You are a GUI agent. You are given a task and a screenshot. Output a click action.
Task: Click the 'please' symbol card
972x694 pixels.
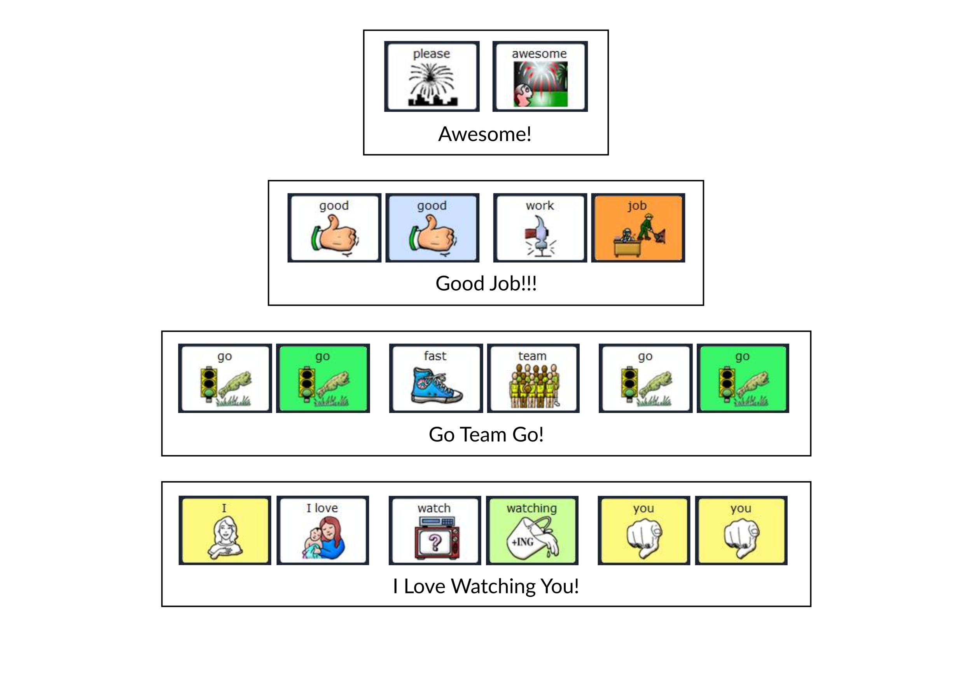[x=432, y=77]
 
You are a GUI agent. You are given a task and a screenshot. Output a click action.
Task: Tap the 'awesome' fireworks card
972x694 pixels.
[x=540, y=77]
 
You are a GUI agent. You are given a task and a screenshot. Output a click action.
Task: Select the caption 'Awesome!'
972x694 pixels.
[x=485, y=134]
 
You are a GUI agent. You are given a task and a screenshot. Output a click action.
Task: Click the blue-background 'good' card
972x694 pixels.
[x=432, y=228]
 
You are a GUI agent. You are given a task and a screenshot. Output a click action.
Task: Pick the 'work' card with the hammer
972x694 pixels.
[x=540, y=228]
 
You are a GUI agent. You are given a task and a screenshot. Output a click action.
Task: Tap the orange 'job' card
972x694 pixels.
[x=638, y=228]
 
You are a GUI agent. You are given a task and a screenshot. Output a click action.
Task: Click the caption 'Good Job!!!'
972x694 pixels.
[x=486, y=283]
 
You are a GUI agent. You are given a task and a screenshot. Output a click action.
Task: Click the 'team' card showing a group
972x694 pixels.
[x=533, y=378]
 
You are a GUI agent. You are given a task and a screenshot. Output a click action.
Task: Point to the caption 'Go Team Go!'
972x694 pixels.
[x=486, y=434]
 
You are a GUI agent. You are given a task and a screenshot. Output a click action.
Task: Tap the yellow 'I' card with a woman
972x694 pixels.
[x=224, y=530]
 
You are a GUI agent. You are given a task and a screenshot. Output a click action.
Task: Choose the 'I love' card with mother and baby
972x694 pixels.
[x=322, y=530]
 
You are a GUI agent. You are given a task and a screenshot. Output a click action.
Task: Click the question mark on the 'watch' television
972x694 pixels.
[x=435, y=543]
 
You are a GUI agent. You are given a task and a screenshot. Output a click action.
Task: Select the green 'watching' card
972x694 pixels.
[x=532, y=530]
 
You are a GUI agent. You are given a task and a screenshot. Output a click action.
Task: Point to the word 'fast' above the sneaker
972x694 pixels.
[x=435, y=356]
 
